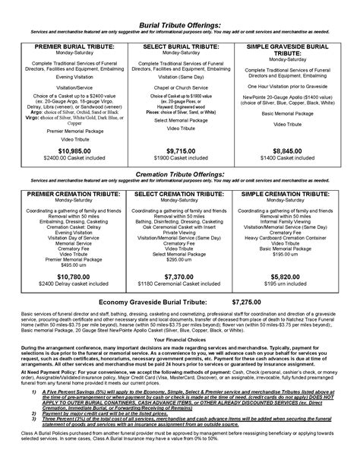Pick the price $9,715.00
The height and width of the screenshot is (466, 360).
(181, 151)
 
